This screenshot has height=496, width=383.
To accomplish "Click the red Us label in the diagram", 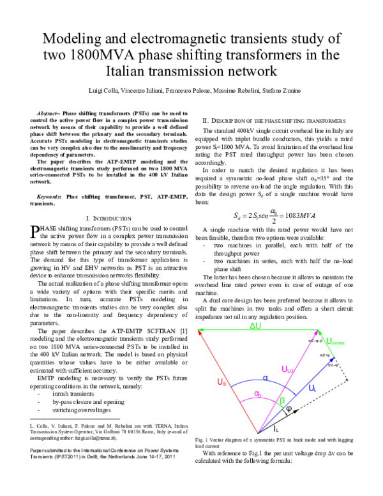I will click(221, 383).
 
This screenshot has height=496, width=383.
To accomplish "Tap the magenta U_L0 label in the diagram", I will click(288, 369).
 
